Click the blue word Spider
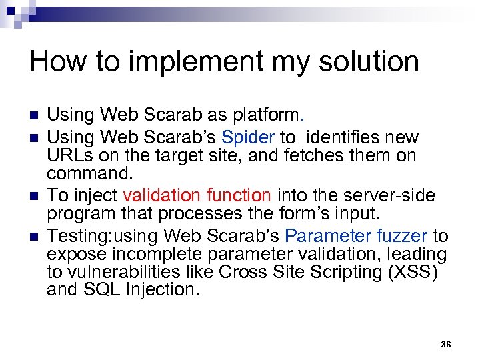click(248, 138)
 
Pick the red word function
click(239, 196)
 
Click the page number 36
click(446, 345)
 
